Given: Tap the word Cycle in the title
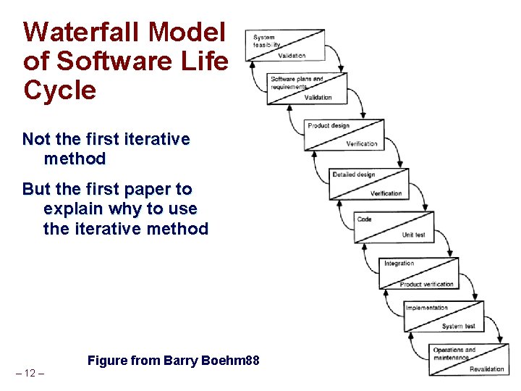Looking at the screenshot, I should pyautogui.click(x=60, y=91).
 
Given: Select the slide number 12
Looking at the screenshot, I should pyautogui.click(x=30, y=373).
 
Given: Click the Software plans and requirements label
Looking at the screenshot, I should pyautogui.click(x=297, y=83).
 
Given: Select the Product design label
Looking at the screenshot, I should pyautogui.click(x=329, y=126).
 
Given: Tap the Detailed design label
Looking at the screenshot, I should pyautogui.click(x=354, y=175).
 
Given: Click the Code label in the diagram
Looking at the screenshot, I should pyautogui.click(x=365, y=219).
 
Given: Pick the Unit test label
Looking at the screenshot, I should pyautogui.click(x=413, y=235).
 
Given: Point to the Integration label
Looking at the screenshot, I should pyautogui.click(x=399, y=264).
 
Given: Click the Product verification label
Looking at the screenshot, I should pyautogui.click(x=426, y=284).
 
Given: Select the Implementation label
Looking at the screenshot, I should pyautogui.click(x=426, y=308).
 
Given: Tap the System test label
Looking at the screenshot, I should pyautogui.click(x=458, y=327).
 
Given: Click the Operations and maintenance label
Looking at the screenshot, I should pyautogui.click(x=454, y=353).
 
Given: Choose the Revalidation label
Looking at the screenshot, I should pyautogui.click(x=486, y=369).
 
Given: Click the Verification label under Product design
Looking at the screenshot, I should pyautogui.click(x=361, y=143).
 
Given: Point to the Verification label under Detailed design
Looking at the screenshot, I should pyautogui.click(x=386, y=193).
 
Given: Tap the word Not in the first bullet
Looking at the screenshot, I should pyautogui.click(x=37, y=139).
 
